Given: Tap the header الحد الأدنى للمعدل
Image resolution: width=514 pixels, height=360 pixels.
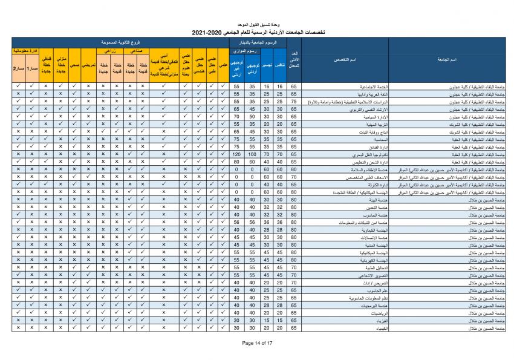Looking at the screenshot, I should pos(294,61).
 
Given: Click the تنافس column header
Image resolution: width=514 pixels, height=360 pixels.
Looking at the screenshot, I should pos(281,64).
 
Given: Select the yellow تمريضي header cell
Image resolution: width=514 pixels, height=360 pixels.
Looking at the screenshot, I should pos(88,68).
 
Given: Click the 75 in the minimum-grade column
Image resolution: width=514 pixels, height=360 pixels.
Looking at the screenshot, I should pos(294,103).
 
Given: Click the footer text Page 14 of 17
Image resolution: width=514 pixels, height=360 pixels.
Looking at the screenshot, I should pos(257,343).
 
